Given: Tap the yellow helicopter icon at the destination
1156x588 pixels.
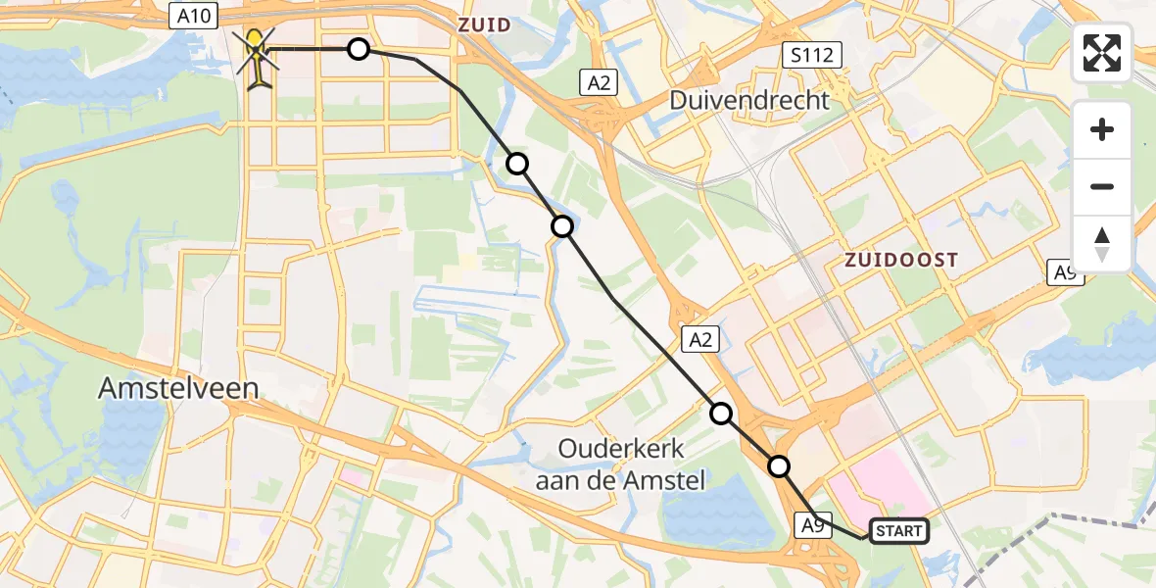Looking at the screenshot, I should [x=258, y=56].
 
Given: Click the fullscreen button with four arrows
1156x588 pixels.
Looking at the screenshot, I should [x=1102, y=53].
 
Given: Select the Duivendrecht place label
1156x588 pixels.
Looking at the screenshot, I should [x=750, y=100].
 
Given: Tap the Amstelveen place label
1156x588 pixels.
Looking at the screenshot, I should [x=178, y=389].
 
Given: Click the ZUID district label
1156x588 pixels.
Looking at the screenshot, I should [x=485, y=24].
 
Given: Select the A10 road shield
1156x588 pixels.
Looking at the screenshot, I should [x=191, y=15].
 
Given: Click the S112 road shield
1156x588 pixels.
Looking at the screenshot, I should [x=813, y=55].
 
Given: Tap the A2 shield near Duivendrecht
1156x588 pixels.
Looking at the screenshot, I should [x=600, y=83].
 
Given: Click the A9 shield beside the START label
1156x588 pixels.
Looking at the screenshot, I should [x=812, y=526].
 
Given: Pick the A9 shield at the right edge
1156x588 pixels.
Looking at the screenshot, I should [x=1066, y=272].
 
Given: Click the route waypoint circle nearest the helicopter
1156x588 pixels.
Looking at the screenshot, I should [x=359, y=49].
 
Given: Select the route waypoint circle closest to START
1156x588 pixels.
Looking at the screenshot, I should [x=779, y=466].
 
